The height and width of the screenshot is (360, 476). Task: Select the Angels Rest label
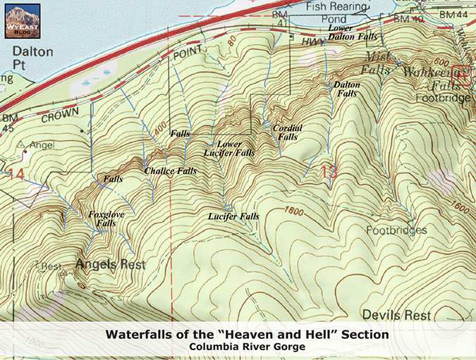[111, 266]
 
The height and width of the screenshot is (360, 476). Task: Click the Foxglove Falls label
[102, 218]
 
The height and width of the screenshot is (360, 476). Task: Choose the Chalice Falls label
[170, 171]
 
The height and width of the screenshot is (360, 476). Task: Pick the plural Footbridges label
[396, 230]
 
